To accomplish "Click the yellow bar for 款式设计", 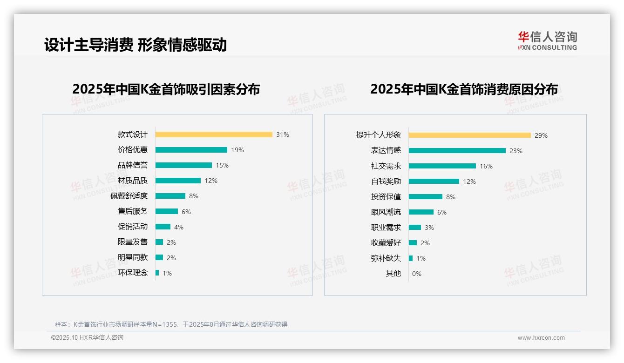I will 214,134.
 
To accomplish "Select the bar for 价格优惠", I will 191,150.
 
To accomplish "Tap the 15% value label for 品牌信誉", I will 222,165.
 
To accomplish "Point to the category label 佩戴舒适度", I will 129,196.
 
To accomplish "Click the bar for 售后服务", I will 166,211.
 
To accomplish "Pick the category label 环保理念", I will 133,273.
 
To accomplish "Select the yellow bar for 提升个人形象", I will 469,135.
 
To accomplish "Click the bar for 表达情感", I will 457,151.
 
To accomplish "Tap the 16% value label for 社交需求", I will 486,166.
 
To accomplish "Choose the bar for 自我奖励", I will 434,181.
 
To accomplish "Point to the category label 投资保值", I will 386,197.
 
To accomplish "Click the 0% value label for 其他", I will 416,274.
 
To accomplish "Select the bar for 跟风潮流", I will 421,212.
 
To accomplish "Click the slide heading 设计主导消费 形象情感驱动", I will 136,45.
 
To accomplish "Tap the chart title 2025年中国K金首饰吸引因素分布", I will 166,89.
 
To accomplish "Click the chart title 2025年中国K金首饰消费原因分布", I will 464,89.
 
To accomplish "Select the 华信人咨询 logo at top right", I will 547,41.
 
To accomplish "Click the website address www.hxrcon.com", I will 541,338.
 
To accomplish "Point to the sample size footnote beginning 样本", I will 171,324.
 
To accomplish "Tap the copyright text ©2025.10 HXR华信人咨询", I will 87,338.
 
